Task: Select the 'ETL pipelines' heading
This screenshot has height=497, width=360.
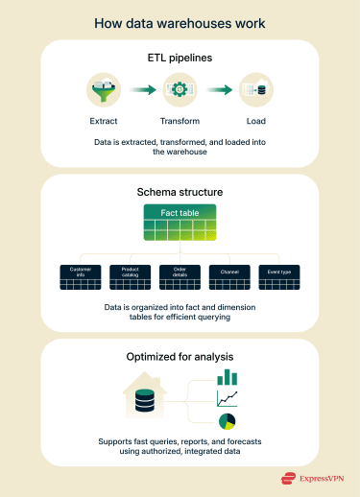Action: click(180, 57)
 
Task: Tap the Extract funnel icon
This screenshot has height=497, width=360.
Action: click(103, 90)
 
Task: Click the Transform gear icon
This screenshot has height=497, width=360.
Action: click(179, 90)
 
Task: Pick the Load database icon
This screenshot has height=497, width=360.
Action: click(254, 90)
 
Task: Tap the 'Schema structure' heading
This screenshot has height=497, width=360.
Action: click(180, 191)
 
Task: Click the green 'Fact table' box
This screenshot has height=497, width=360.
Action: click(180, 224)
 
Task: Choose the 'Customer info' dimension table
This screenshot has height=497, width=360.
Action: click(80, 277)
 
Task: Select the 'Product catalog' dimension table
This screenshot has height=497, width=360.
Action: click(130, 277)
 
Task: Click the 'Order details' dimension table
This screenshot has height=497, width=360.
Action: click(180, 277)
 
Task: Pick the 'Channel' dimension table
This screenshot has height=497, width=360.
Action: click(229, 277)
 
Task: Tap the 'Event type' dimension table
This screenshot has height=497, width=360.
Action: click(279, 277)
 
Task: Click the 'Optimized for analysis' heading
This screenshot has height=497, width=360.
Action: click(180, 356)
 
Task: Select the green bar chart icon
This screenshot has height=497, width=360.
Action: click(227, 377)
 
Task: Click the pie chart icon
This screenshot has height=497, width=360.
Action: click(227, 420)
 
